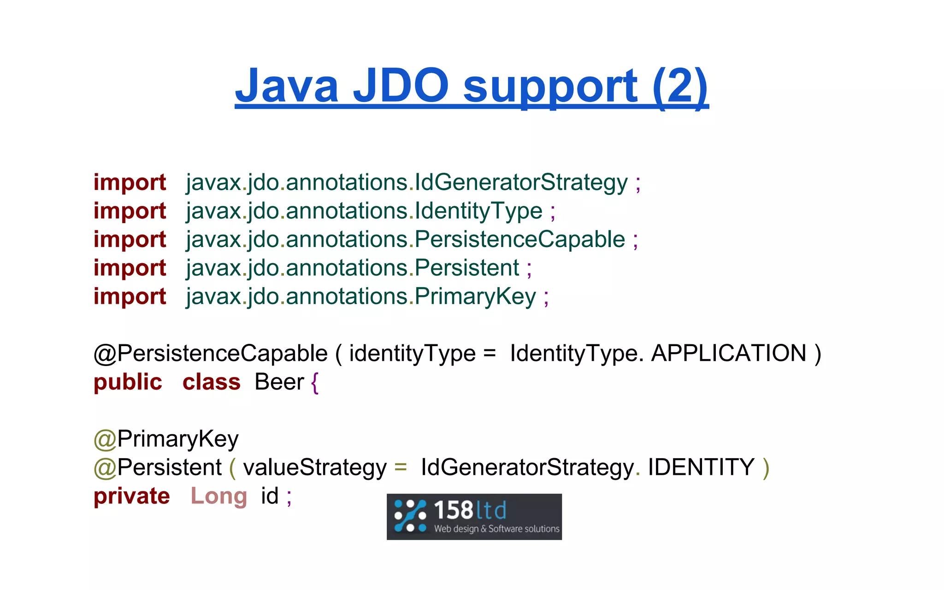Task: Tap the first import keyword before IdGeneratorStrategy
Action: click(x=130, y=183)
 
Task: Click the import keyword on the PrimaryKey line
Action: click(x=130, y=296)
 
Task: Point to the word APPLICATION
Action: click(x=728, y=354)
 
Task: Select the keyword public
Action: click(x=128, y=383)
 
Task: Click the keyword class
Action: click(x=212, y=383)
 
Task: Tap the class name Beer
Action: click(x=279, y=383)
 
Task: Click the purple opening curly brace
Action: click(x=315, y=383)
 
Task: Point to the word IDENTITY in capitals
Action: click(x=701, y=467)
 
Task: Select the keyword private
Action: click(x=131, y=496)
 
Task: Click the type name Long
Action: click(x=219, y=496)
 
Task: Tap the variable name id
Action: click(x=270, y=496)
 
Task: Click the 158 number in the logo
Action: click(x=454, y=511)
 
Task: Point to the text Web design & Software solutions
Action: click(x=496, y=529)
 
